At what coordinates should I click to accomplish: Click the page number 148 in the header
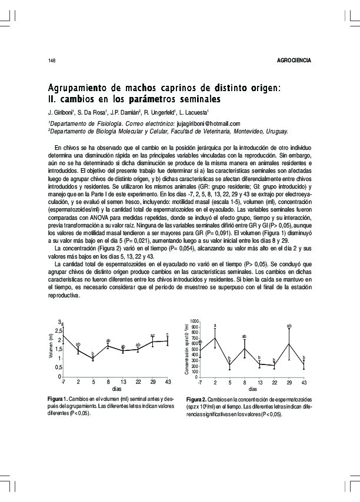(51, 61)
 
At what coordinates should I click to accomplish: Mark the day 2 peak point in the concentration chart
(215, 337)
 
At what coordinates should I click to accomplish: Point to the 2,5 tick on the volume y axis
(57, 332)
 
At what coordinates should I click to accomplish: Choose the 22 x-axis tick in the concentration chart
(274, 383)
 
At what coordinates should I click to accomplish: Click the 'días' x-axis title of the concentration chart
(253, 390)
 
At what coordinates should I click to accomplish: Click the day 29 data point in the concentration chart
(289, 344)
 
